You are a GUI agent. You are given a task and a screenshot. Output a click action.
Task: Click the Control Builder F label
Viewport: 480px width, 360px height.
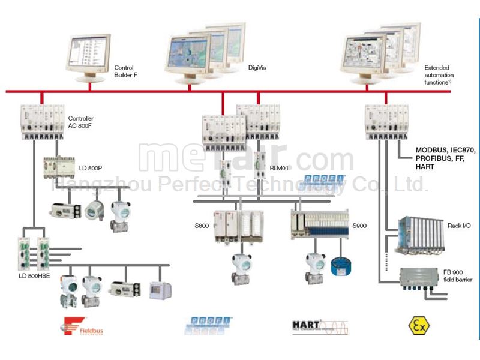(x=124, y=71)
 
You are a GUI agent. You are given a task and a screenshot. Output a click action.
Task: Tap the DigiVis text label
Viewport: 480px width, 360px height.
(x=257, y=67)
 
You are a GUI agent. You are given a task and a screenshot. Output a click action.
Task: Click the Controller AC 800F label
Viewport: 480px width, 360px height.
(x=81, y=122)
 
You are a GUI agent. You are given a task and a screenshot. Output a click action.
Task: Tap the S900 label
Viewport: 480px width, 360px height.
(x=359, y=226)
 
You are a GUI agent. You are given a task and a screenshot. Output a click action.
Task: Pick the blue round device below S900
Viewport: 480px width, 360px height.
(x=340, y=265)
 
